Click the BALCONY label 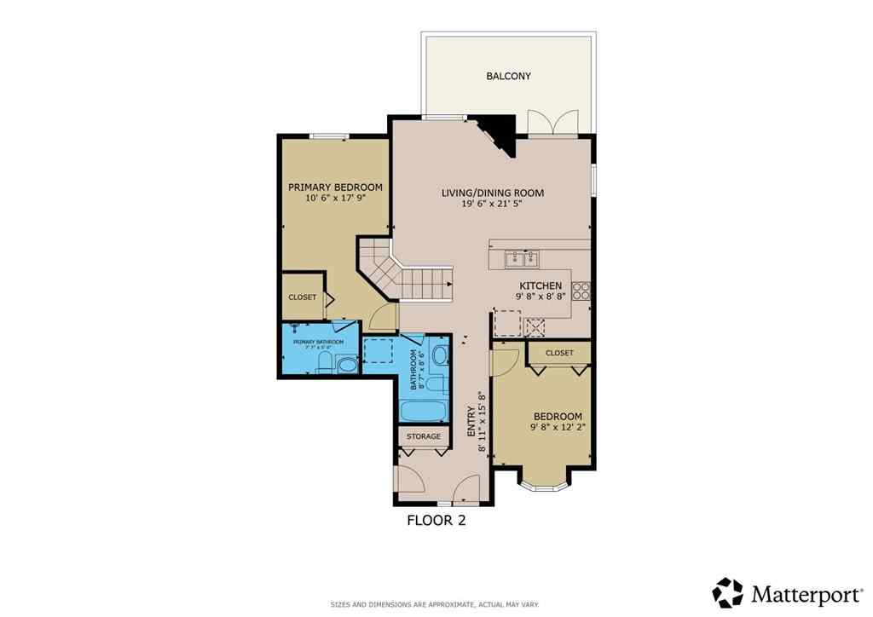click(x=508, y=76)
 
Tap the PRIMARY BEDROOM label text click(x=335, y=187)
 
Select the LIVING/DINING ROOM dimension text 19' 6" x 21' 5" click(x=492, y=205)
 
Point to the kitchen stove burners click(x=582, y=291)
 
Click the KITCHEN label click(x=541, y=286)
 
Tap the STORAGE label click(x=424, y=436)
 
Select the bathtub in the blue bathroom click(x=423, y=411)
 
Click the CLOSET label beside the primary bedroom click(x=302, y=297)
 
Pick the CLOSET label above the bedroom click(x=559, y=353)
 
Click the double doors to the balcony click(x=553, y=124)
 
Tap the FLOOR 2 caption click(x=436, y=521)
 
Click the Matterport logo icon click(x=727, y=592)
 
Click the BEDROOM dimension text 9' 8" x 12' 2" click(x=558, y=428)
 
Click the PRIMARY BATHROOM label click(x=319, y=343)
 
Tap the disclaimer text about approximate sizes click(x=435, y=604)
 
